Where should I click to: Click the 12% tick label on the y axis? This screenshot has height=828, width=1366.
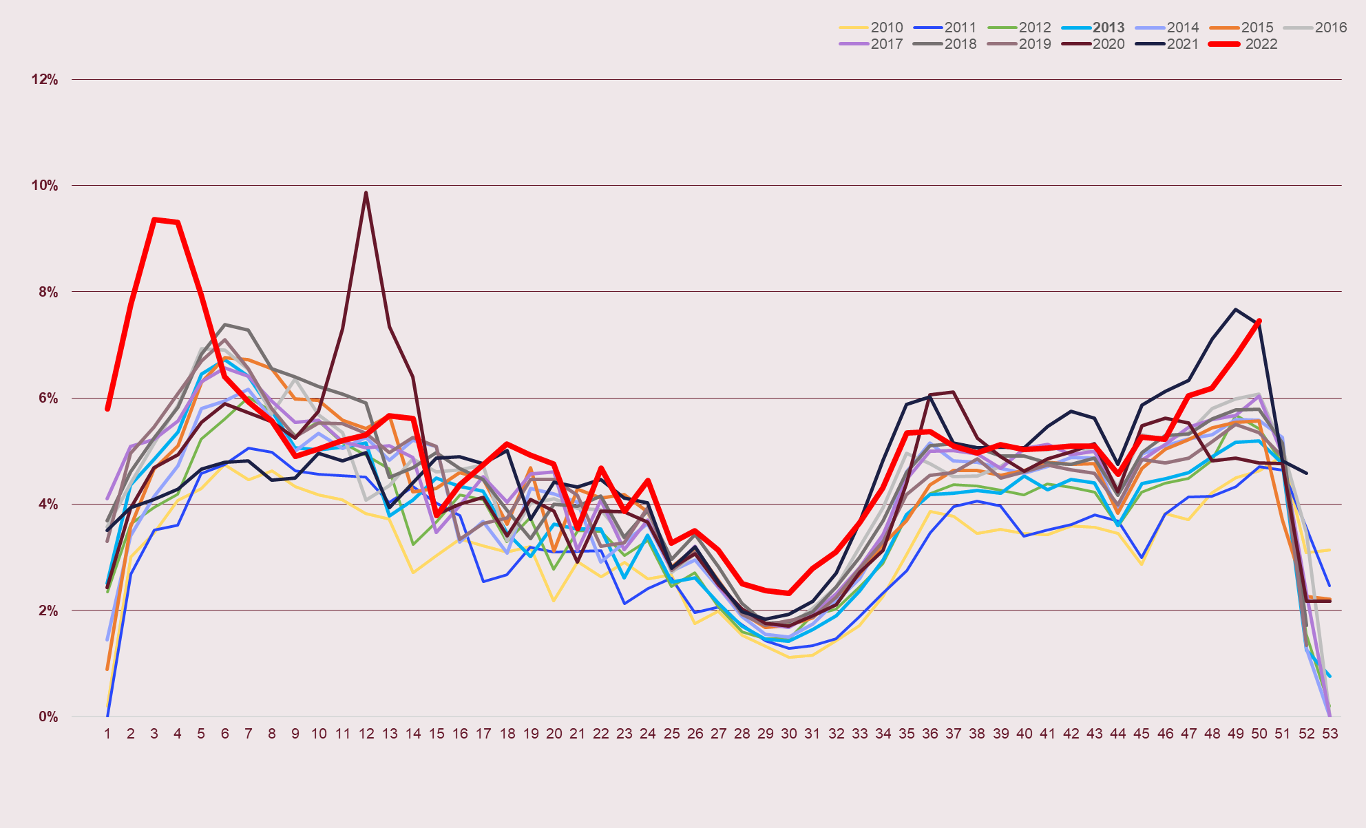[x=45, y=80]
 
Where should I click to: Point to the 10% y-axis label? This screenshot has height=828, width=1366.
[x=45, y=186]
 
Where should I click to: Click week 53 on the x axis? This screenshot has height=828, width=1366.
[x=1330, y=734]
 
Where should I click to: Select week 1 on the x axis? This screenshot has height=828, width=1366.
[x=107, y=734]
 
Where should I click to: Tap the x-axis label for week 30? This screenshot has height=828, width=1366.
[x=789, y=734]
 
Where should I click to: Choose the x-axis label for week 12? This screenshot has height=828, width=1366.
[x=366, y=734]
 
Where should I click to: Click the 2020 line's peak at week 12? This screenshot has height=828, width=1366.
[x=366, y=193]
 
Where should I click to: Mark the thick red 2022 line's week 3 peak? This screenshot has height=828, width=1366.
[x=154, y=220]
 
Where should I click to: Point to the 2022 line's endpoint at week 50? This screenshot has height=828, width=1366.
[x=1259, y=321]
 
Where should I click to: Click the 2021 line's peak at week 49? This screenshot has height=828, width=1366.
[x=1236, y=310]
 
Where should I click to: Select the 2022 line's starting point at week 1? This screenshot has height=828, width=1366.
[x=107, y=409]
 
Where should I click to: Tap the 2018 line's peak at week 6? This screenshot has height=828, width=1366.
[x=225, y=325]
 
